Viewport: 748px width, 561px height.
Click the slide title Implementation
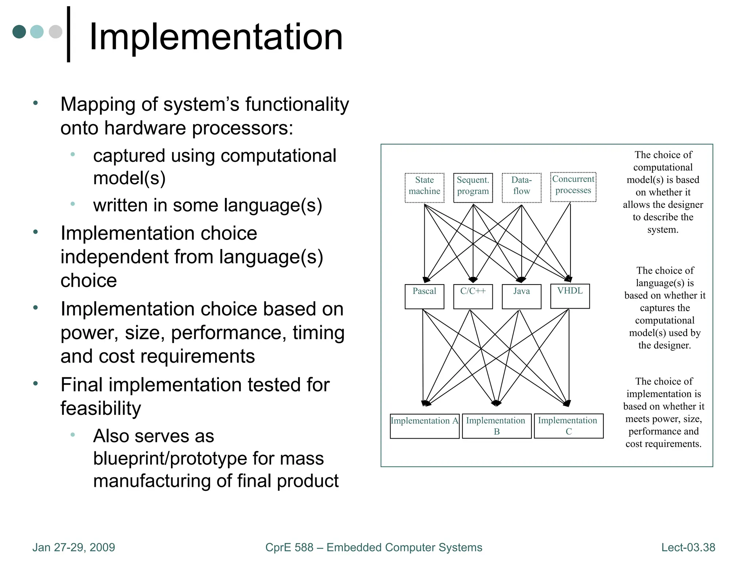coord(215,37)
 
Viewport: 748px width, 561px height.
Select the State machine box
coord(424,187)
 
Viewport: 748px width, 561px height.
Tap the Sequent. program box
coord(473,187)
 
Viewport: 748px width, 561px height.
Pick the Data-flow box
coord(521,187)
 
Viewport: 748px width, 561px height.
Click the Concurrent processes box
coord(573,187)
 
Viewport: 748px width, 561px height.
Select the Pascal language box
coord(424,296)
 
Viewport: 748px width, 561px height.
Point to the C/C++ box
coord(473,296)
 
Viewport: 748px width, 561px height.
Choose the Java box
coord(521,296)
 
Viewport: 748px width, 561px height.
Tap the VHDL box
coord(570,296)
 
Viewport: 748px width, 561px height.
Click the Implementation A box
coord(424,425)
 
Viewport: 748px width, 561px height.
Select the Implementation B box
coord(496,425)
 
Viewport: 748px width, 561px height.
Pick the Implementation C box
coord(568,425)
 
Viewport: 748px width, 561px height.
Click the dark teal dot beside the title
coord(19,32)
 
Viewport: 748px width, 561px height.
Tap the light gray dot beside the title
coord(56,32)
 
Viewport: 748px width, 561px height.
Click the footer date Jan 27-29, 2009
coord(73,547)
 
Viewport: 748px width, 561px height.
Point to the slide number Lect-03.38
coord(688,547)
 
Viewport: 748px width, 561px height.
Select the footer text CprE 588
coord(289,547)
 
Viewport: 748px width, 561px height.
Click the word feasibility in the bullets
coord(100,408)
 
